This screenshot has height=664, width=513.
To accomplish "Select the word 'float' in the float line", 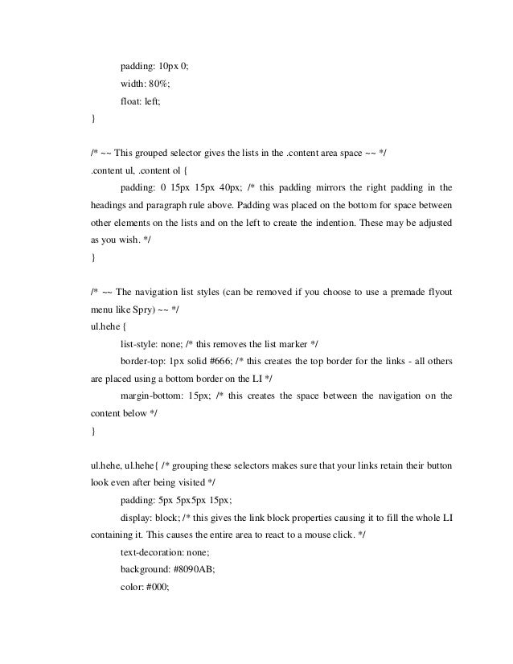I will [131, 101].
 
